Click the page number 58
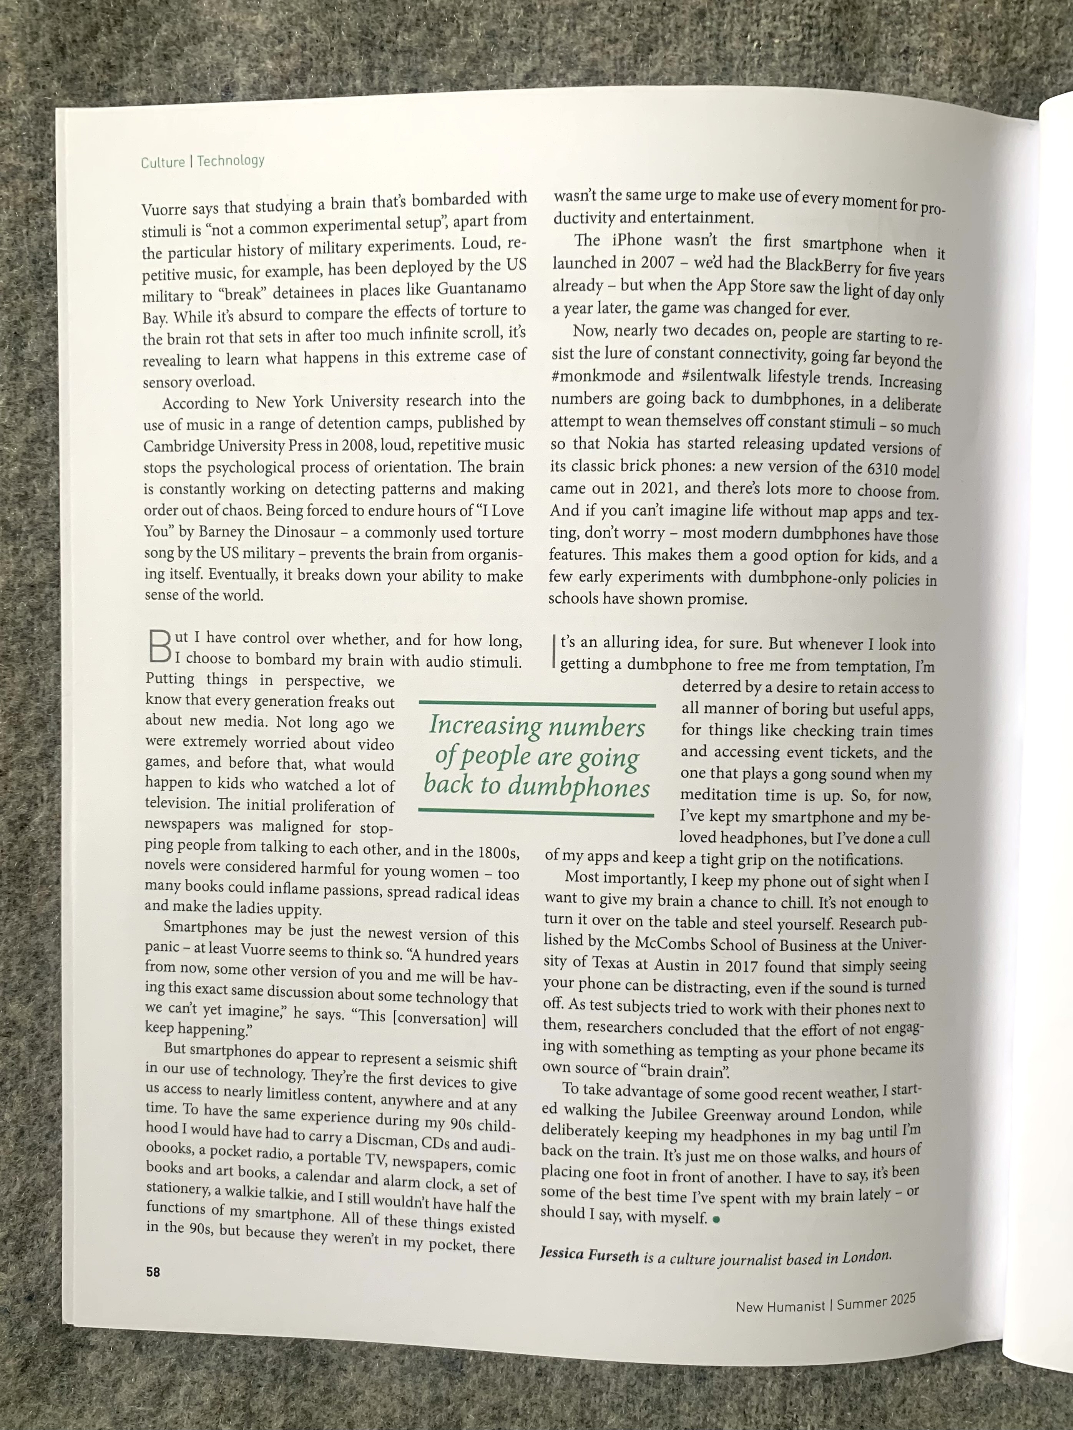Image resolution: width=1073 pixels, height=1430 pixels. pos(153,1272)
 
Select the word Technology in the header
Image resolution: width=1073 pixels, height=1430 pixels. pos(231,160)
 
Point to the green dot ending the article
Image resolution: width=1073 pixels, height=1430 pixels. pos(716,1219)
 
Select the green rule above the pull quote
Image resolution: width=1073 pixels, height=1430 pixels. pos(537,704)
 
